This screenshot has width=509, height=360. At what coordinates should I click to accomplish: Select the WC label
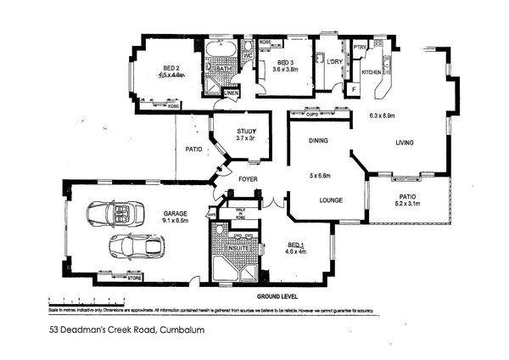coord(247,56)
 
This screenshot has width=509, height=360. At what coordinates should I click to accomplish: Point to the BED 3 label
coord(285,62)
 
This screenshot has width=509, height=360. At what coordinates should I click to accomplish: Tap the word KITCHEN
coord(372,73)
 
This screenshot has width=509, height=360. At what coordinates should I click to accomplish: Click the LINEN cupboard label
coord(230,92)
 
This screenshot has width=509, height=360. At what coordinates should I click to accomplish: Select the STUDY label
coord(235,131)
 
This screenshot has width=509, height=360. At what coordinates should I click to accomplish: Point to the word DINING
coord(318,141)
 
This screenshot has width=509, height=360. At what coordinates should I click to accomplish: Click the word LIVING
coord(404,143)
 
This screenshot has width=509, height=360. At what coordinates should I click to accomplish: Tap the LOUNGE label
coord(318,202)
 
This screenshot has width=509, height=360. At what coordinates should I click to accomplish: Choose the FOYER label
coord(247,179)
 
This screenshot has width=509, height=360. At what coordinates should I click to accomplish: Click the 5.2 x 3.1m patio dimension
coord(409,204)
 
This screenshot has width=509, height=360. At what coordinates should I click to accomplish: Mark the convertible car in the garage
coord(113,213)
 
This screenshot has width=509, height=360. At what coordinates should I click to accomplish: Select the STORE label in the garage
coord(133,277)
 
